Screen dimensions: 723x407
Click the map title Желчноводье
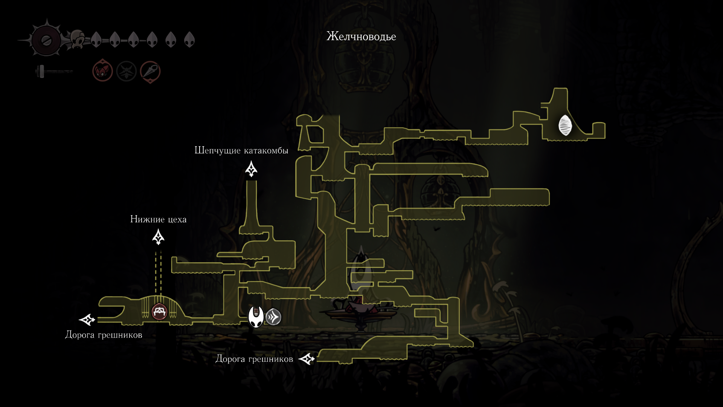pos(361,37)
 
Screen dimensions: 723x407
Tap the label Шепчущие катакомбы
pos(241,150)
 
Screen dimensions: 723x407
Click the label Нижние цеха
pos(158,219)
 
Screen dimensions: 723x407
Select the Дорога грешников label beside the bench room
pos(104,335)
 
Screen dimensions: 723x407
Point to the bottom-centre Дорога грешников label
pos(254,359)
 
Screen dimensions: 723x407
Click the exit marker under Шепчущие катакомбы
pos(251,169)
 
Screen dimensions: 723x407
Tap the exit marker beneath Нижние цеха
pos(158,237)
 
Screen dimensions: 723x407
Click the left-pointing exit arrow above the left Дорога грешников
pos(87,320)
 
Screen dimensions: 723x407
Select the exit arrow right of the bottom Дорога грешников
pos(307,359)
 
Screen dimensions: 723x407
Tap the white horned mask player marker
pos(256,317)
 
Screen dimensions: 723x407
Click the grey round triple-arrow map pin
pos(273,317)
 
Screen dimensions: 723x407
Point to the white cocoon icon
pos(565,125)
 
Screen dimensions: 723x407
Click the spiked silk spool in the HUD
pos(46,41)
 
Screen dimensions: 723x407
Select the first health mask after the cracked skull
pos(96,39)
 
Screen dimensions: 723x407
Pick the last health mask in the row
pos(189,39)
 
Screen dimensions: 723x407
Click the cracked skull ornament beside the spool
pos(78,39)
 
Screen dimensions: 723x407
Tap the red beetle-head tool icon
pos(103,70)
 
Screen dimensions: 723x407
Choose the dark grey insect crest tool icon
pos(126,71)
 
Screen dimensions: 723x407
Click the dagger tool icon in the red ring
pos(150,72)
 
